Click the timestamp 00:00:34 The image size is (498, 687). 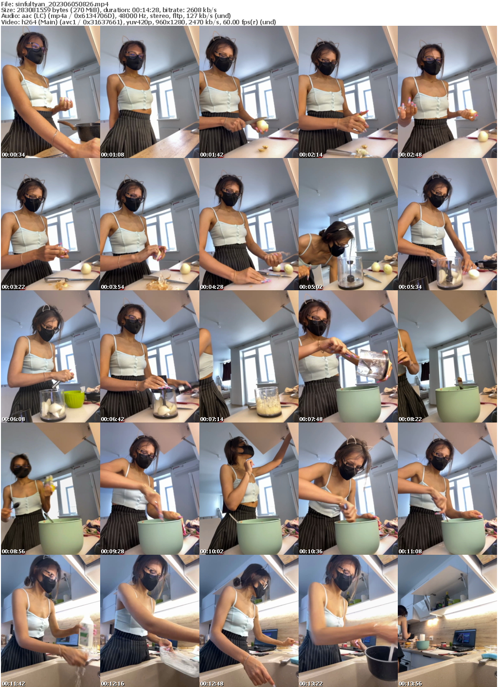click(13, 155)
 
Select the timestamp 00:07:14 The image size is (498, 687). click(212, 419)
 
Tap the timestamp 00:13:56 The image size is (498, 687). click(410, 684)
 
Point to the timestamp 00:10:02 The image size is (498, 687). click(212, 551)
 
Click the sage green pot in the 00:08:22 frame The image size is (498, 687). click(457, 404)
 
